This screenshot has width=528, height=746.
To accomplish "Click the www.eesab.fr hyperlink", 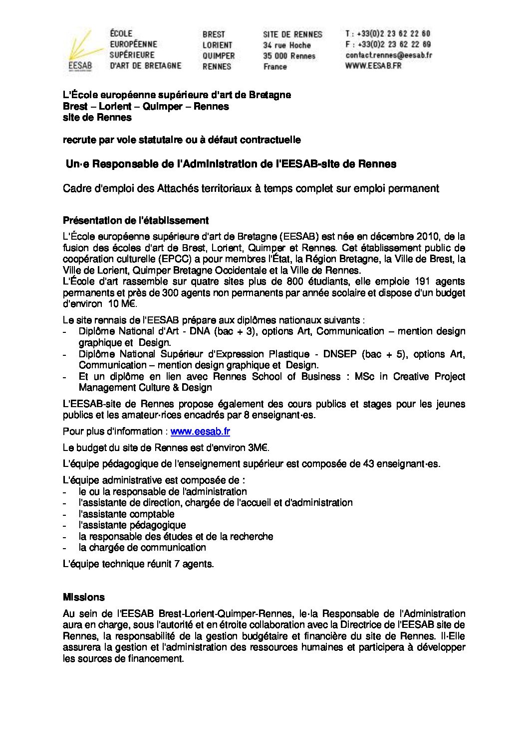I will (x=200, y=432).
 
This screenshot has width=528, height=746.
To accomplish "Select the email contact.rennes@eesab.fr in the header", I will (x=389, y=55).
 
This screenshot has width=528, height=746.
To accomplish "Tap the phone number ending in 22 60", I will (x=388, y=34).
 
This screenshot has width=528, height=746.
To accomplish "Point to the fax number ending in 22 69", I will (x=388, y=44).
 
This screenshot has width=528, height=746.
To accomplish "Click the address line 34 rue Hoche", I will (x=286, y=45).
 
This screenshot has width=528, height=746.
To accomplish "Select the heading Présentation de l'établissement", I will (x=136, y=220).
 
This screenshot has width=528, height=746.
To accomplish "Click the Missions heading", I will (x=84, y=597).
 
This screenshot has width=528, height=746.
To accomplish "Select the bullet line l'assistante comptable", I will (x=126, y=514).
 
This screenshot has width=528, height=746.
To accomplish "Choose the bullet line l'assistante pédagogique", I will (x=132, y=525).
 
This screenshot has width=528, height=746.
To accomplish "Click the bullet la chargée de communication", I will (x=142, y=548).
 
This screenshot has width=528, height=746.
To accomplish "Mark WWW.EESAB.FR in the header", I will (x=373, y=66).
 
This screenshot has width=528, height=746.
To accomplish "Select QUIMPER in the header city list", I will (x=219, y=56).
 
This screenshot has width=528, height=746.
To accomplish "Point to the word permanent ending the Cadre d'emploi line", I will (x=415, y=188).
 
